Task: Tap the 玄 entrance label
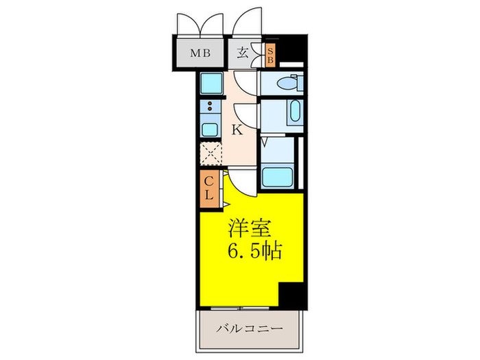pyautogui.click(x=243, y=52)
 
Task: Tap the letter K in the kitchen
pyautogui.click(x=237, y=129)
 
